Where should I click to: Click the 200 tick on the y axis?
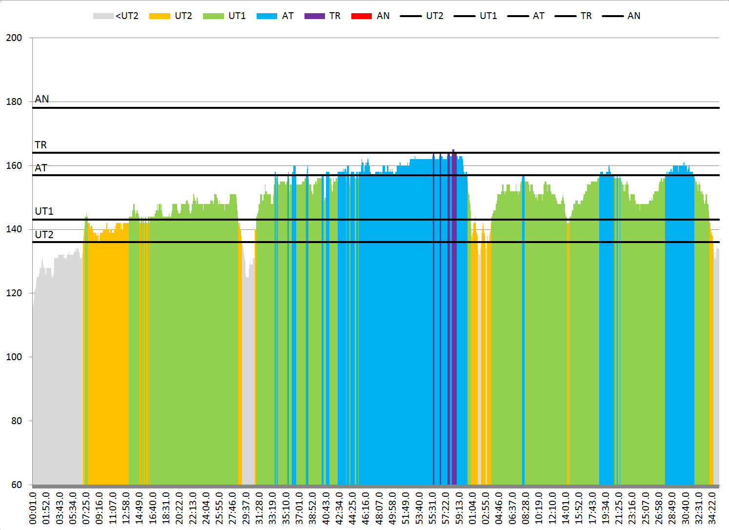tap(14, 38)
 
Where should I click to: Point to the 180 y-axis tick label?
tap(14, 102)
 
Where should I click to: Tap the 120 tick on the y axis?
tap(14, 293)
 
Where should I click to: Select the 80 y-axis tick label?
tap(17, 421)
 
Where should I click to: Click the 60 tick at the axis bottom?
tap(17, 485)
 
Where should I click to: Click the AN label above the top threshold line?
tap(42, 99)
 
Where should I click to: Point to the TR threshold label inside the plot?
tap(41, 145)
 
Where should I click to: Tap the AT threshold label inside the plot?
tap(41, 168)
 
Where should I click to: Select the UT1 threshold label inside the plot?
tap(44, 211)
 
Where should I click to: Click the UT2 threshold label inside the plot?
tap(44, 235)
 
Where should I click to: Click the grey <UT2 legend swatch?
tap(103, 16)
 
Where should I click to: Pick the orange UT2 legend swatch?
tap(160, 16)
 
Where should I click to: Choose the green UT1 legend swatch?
tap(213, 16)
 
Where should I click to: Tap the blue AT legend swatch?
tap(267, 16)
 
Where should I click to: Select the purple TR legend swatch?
tap(314, 16)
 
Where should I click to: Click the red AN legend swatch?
tap(362, 16)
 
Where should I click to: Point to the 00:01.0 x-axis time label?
tap(33, 508)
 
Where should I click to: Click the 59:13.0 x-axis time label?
tap(460, 508)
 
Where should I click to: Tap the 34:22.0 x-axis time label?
tap(712, 508)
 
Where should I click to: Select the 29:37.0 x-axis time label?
tap(246, 508)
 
